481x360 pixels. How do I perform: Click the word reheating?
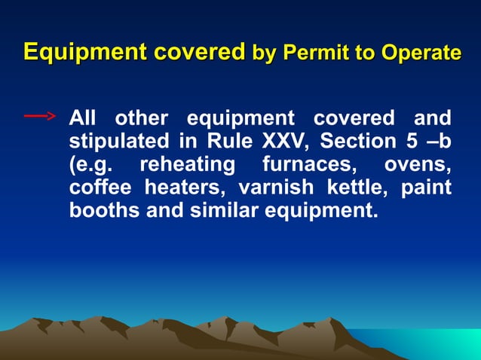[x=188, y=164]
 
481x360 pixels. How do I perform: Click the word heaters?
[x=186, y=187]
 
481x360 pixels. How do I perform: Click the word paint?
[x=426, y=187]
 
